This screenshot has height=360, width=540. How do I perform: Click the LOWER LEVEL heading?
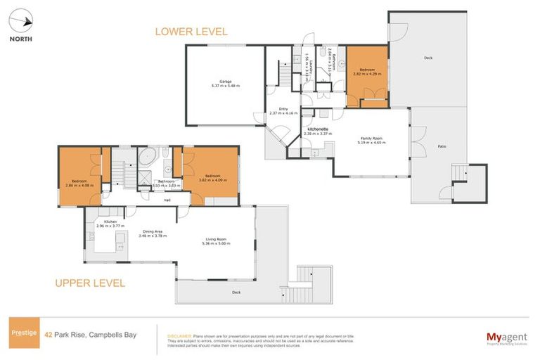[191, 32]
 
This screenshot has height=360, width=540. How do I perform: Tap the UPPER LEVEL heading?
[90, 283]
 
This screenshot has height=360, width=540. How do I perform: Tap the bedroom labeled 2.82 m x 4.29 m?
[367, 72]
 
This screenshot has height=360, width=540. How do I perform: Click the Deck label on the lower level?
[427, 58]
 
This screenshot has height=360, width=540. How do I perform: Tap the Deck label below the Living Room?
[236, 290]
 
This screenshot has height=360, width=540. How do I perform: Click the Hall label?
[167, 200]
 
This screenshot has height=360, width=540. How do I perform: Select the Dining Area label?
[153, 233]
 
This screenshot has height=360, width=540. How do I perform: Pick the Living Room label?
[216, 241]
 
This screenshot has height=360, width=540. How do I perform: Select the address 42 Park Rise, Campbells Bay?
[89, 335]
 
